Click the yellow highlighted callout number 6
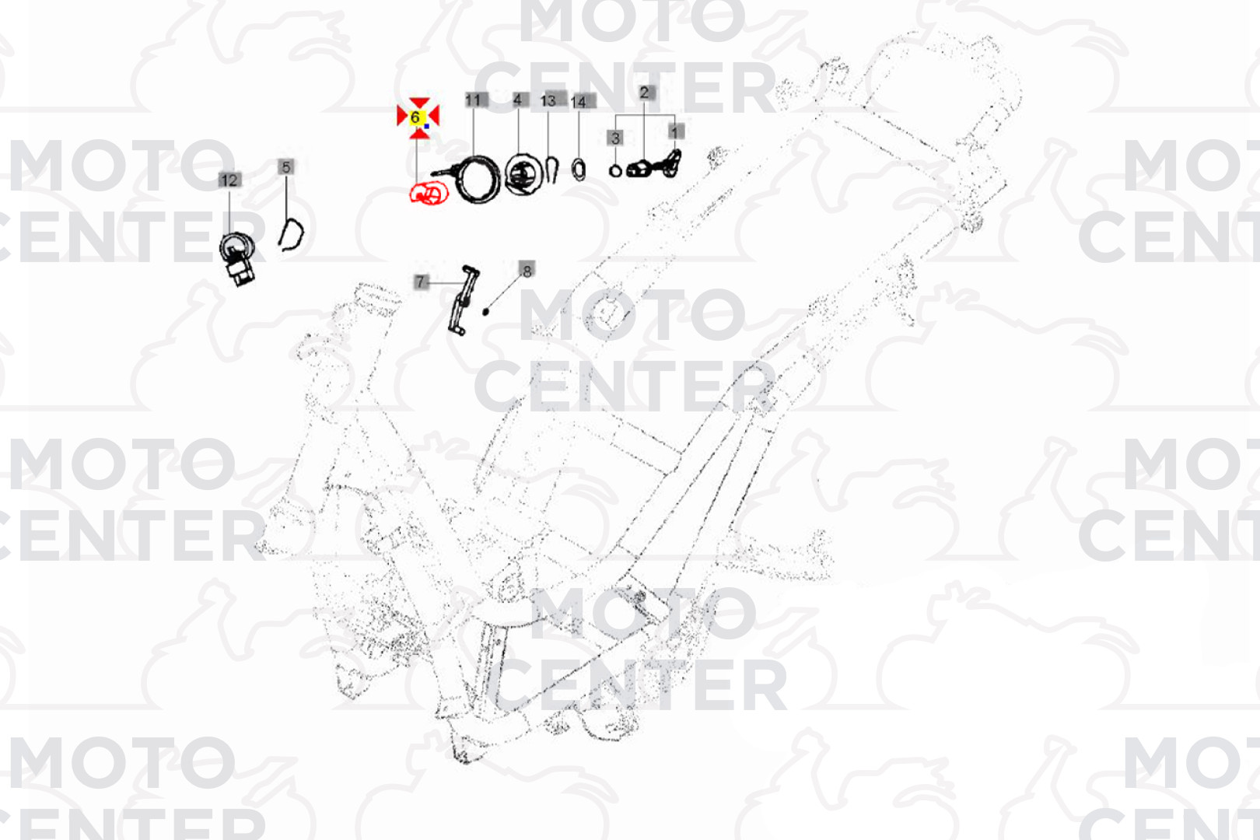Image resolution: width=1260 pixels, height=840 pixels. pos(415,117)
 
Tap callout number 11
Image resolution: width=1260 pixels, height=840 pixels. pos(473,100)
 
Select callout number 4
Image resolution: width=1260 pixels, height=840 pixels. pos(517,100)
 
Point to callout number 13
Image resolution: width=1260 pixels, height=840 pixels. pos(548,100)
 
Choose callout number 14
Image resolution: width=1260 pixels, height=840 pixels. pos(578,103)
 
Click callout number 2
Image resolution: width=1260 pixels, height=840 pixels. pos(645,93)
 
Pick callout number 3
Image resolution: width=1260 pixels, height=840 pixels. pos(614,138)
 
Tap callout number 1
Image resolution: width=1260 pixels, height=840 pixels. pos(675,131)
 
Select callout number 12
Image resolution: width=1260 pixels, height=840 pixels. pos(229,180)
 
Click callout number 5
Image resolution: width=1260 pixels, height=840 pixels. pos(286,167)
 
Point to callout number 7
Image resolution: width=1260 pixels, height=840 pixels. pos(421,282)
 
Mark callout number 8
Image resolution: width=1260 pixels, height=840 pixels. pos(527,271)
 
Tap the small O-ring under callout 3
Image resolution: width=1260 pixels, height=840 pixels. pos(615,170)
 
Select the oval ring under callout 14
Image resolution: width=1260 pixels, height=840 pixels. pos(578,170)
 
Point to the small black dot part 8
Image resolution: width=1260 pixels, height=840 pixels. pos(486,311)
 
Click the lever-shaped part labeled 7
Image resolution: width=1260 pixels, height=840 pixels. pos(463,300)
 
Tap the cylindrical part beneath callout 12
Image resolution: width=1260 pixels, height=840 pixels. pos(237,259)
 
